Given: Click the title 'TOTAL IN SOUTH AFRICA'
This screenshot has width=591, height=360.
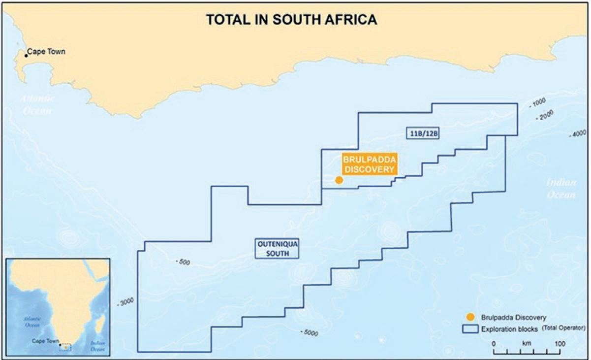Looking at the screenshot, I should (291, 20).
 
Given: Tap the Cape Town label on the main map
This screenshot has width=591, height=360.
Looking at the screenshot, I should (46, 51).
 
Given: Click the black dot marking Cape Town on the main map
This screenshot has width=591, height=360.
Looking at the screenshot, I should (27, 55).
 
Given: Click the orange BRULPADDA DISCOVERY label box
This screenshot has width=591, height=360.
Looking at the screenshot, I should (369, 164).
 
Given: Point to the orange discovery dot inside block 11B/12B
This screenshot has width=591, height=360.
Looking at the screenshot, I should (339, 180).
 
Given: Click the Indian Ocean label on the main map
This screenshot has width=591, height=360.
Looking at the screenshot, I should (560, 189).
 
